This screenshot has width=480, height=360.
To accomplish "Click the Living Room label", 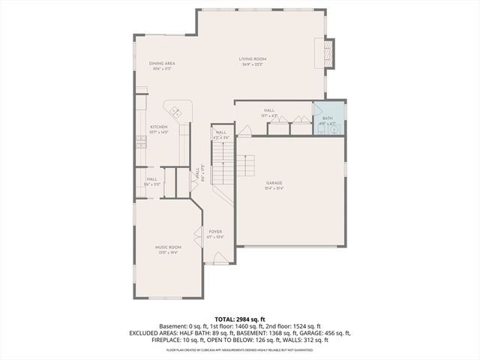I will [x=253, y=58].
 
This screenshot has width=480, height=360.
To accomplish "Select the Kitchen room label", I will [x=158, y=127].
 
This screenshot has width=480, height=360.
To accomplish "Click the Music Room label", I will [x=168, y=247].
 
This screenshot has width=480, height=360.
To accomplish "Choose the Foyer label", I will [x=215, y=232].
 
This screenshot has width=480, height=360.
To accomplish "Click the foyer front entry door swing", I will [x=220, y=259].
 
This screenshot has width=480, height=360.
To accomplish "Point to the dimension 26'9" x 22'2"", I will [x=253, y=64].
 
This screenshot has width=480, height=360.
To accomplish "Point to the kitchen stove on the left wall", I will [x=139, y=140].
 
